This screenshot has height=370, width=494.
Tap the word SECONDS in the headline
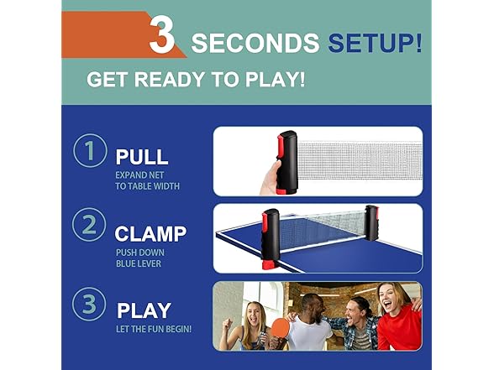[254, 43]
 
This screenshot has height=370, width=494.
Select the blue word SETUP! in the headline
[374, 43]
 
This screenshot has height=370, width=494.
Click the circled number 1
[89, 152]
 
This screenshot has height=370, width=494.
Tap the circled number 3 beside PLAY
[89, 304]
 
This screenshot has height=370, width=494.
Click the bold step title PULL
[141, 157]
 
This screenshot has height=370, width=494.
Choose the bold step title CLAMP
[150, 233]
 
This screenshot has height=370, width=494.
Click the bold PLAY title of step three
[144, 310]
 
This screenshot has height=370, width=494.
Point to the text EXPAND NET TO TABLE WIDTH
[147, 180]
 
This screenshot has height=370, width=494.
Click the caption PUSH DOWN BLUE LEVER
[140, 257]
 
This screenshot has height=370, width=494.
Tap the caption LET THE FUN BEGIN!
[153, 328]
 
